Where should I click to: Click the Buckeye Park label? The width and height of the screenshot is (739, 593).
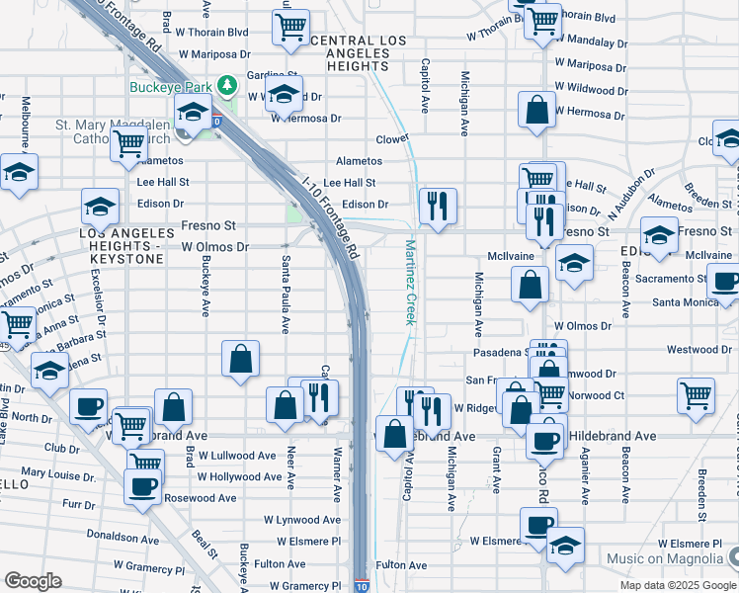[171, 86]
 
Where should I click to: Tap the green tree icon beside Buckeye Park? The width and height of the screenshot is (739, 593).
[228, 86]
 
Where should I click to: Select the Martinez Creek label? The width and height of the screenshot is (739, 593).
[408, 280]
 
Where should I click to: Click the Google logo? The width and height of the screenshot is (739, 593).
[33, 581]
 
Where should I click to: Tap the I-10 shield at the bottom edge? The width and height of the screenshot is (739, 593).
[362, 586]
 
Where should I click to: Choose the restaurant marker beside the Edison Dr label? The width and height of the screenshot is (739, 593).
[437, 206]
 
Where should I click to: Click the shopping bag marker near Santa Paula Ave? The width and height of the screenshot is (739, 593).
[240, 361]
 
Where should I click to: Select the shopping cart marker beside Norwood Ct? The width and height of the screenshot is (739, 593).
[697, 394]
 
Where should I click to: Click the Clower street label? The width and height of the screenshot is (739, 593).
[392, 139]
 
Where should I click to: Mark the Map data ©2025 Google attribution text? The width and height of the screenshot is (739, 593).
[677, 585]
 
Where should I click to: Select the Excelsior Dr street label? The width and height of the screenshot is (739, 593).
[99, 297]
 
